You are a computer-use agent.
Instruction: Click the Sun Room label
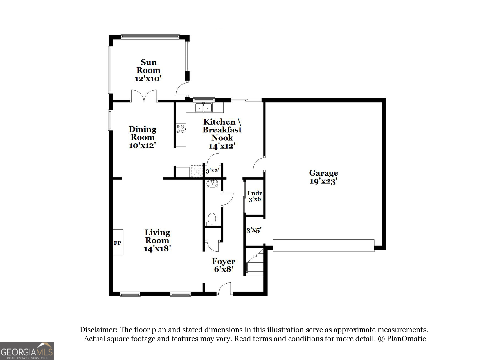point(148,66)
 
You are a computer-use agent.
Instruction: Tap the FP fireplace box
point(118,242)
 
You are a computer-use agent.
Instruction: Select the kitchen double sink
point(204,107)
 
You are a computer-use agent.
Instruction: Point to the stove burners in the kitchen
point(181,129)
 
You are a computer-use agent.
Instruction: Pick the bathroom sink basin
point(212,183)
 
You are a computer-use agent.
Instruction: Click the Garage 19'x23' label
point(323,177)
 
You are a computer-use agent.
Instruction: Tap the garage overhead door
point(323,245)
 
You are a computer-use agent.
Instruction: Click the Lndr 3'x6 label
point(255,196)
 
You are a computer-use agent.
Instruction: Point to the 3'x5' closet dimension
point(254,230)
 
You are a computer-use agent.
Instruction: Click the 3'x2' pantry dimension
point(212,171)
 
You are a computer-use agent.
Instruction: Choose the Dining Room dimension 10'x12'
point(142,145)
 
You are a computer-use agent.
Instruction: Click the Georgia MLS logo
point(27,351)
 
